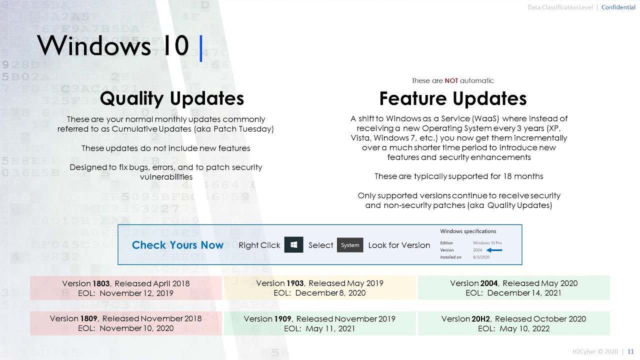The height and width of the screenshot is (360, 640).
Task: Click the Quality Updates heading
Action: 172,98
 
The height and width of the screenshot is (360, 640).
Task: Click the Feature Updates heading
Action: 453,98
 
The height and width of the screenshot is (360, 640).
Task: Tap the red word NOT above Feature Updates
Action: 451,80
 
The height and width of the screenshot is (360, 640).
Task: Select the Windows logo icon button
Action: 294,245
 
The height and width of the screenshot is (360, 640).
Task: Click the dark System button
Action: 350,245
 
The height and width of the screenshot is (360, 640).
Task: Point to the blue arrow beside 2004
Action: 494,250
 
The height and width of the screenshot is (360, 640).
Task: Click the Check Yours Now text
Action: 177,245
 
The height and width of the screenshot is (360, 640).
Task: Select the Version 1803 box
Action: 126,288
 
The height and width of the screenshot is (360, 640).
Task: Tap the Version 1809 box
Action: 126,323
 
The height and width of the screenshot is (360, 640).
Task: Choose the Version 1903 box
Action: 319,288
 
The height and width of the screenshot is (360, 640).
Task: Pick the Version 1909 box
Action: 319,323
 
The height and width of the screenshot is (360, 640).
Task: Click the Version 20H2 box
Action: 513,323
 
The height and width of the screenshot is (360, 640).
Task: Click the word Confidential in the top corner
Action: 618,7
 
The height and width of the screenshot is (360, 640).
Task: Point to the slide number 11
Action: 630,351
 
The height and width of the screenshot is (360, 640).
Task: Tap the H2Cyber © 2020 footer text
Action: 595,351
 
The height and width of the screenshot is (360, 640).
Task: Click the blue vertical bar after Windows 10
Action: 201,48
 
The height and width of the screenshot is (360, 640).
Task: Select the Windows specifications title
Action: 468,231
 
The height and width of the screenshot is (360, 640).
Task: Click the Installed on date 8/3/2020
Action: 481,257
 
